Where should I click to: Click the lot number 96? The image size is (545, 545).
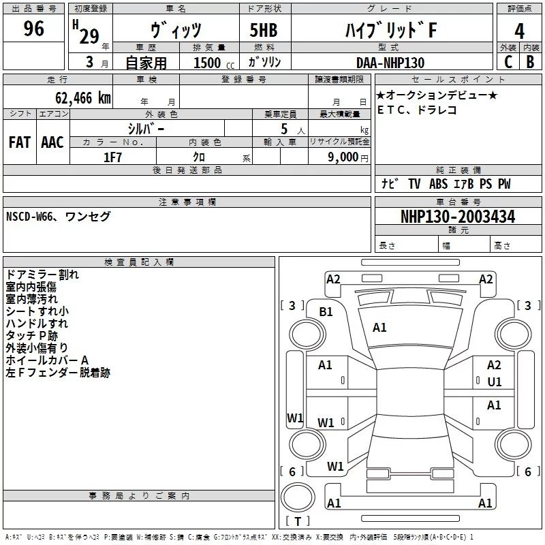pyautogui.click(x=34, y=29)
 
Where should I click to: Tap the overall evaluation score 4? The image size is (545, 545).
pyautogui.click(x=519, y=31)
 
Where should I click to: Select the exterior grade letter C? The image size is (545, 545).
pyautogui.click(x=508, y=61)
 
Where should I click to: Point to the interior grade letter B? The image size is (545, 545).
pyautogui.click(x=531, y=61)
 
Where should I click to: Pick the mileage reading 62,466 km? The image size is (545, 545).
pyautogui.click(x=75, y=97)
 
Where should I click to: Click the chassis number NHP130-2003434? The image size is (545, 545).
pyautogui.click(x=457, y=217)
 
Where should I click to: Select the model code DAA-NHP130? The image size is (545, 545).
pyautogui.click(x=390, y=63)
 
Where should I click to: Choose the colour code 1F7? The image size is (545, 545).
pyautogui.click(x=112, y=157)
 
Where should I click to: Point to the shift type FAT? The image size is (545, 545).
pyautogui.click(x=20, y=142)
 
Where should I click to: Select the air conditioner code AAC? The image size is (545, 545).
pyautogui.click(x=52, y=142)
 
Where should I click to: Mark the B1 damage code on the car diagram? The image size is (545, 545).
pyautogui.click(x=326, y=311)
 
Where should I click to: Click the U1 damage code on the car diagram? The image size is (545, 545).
pyautogui.click(x=495, y=381)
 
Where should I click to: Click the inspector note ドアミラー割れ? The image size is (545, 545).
pyautogui.click(x=42, y=275)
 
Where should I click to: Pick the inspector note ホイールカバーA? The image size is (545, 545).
pyautogui.click(x=48, y=360)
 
